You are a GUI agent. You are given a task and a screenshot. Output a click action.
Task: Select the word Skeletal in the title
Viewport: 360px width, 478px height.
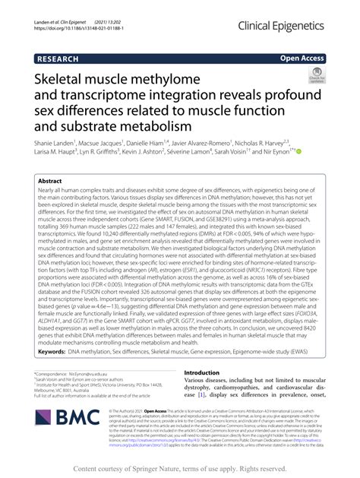click(65, 80)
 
